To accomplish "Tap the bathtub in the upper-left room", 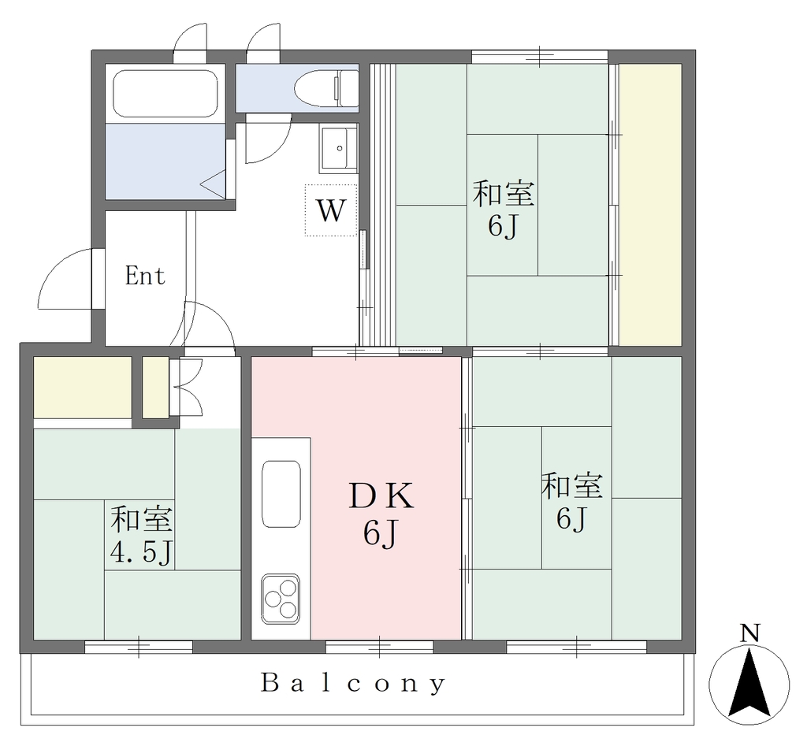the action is (x=165, y=94).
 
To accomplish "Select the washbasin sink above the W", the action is (x=339, y=149).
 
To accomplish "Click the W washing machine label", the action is (x=330, y=210).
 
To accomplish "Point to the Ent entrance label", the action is (x=145, y=277).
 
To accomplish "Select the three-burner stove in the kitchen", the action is (x=281, y=599).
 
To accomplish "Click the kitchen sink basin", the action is (x=281, y=494).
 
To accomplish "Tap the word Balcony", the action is (x=353, y=684).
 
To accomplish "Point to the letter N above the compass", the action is (x=750, y=634).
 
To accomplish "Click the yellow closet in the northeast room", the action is (x=650, y=205).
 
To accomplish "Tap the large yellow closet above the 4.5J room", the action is (x=82, y=387).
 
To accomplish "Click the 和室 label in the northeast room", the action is (x=504, y=194).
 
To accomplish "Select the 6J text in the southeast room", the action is (x=571, y=518).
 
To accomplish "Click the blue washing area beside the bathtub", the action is (x=165, y=161).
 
